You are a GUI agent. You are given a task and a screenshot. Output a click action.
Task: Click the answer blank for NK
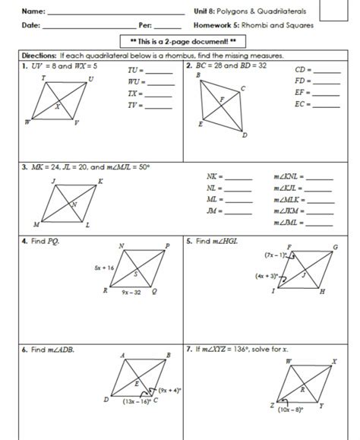coord(238,177)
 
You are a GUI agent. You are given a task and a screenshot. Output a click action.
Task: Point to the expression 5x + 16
coord(104,268)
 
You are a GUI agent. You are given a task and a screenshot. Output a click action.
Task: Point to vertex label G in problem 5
coord(335,246)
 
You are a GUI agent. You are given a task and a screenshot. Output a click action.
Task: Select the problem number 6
coord(24,350)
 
